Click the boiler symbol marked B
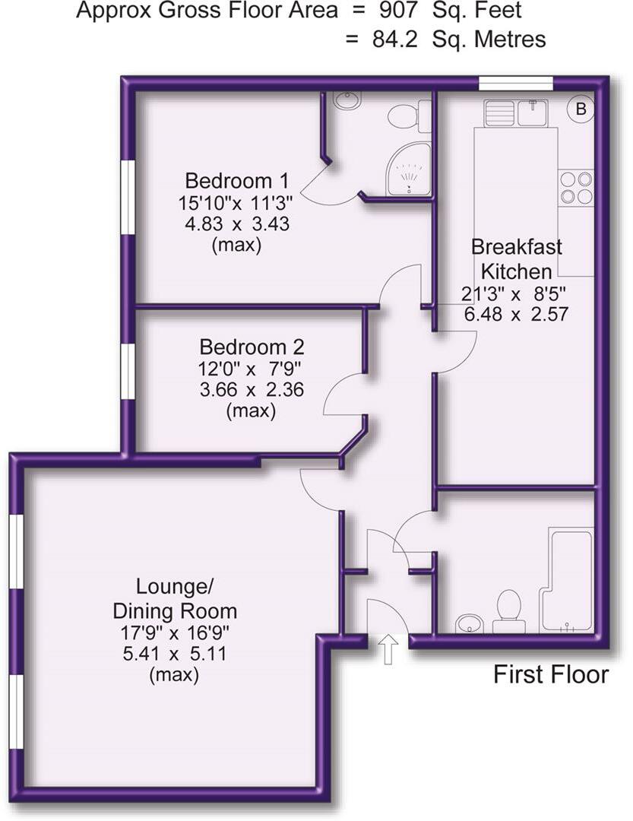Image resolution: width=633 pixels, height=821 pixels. pyautogui.click(x=581, y=109)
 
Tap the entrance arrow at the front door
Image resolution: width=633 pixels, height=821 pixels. pyautogui.click(x=388, y=650)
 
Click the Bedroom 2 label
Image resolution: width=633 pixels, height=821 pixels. pyautogui.click(x=252, y=347)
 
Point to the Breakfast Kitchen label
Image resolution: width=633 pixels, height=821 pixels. pyautogui.click(x=516, y=259)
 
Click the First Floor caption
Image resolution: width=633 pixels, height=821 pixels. pyautogui.click(x=551, y=674)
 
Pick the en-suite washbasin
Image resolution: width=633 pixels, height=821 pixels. pyautogui.click(x=349, y=101)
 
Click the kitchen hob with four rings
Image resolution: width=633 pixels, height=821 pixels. pyautogui.click(x=576, y=188)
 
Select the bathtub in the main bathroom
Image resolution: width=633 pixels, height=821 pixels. pyautogui.click(x=567, y=581)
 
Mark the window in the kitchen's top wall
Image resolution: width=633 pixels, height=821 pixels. pyautogui.click(x=516, y=84)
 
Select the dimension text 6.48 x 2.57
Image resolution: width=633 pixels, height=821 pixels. pyautogui.click(x=516, y=314)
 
